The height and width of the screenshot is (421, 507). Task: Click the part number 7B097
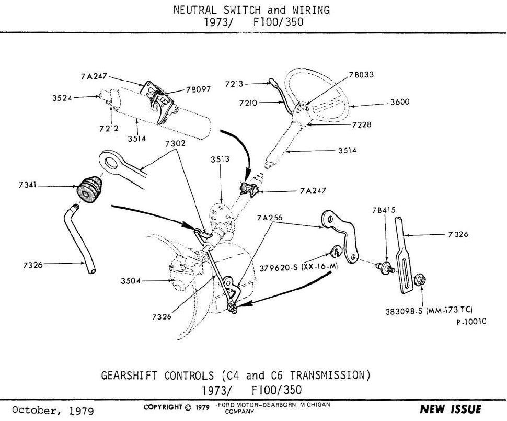pos(198,89)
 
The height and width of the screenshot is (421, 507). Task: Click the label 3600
pos(399,103)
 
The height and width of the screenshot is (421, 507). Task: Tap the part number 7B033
pos(361,74)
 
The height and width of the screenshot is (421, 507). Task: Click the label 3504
pos(130,281)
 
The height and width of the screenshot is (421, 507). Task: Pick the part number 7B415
pos(384,210)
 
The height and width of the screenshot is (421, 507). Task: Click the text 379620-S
pos(278,268)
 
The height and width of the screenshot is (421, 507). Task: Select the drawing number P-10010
pos(471,322)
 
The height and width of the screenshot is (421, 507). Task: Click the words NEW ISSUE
pos(451,409)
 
